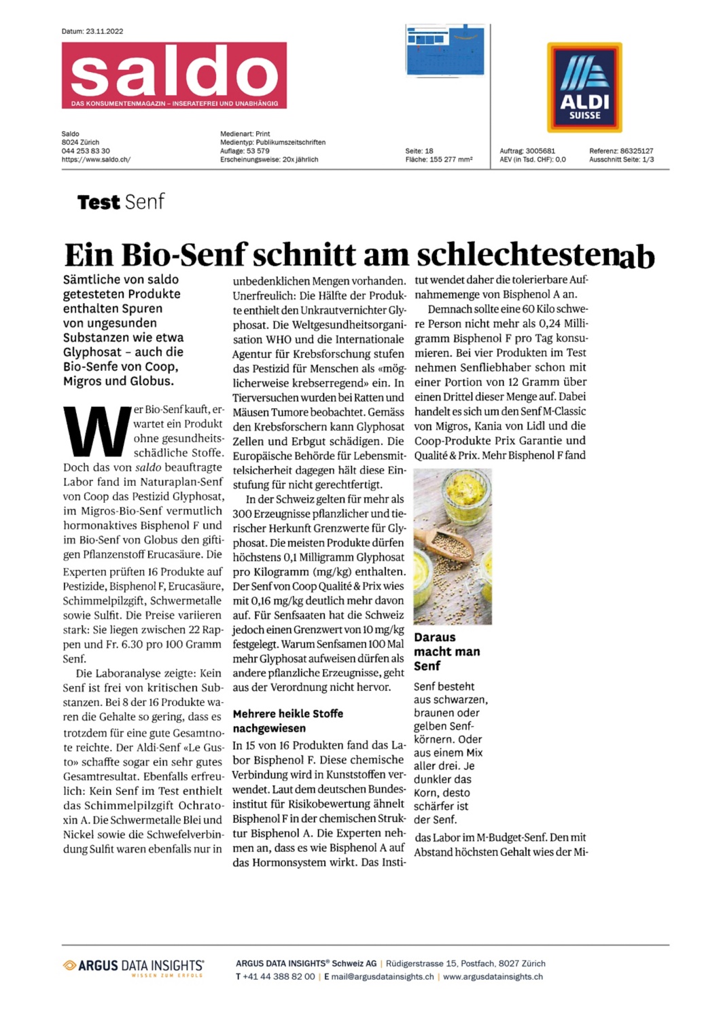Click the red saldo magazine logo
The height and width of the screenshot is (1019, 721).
pyautogui.click(x=174, y=75)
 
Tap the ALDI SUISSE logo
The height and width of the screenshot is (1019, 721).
pyautogui.click(x=584, y=87)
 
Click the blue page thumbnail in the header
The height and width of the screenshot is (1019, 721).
pyautogui.click(x=445, y=50)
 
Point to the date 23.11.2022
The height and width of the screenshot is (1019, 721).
pyautogui.click(x=105, y=31)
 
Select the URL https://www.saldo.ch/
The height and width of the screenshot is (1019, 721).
pyautogui.click(x=96, y=160)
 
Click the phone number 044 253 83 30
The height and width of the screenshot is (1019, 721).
pyautogui.click(x=86, y=151)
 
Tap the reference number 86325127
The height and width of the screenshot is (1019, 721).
pyautogui.click(x=637, y=151)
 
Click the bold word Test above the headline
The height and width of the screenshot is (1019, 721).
pyautogui.click(x=99, y=202)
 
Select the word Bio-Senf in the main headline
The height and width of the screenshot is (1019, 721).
pyautogui.click(x=183, y=255)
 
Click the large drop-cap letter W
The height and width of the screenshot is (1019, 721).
pyautogui.click(x=96, y=432)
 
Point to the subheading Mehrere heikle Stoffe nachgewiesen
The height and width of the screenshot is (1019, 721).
pyautogui.click(x=287, y=721)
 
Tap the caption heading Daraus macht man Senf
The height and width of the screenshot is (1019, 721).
pyautogui.click(x=446, y=651)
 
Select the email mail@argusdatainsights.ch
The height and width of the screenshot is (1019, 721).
pyautogui.click(x=383, y=977)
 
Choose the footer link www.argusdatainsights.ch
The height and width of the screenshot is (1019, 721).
pyautogui.click(x=493, y=977)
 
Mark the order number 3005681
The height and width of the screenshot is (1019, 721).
pyautogui.click(x=540, y=151)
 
